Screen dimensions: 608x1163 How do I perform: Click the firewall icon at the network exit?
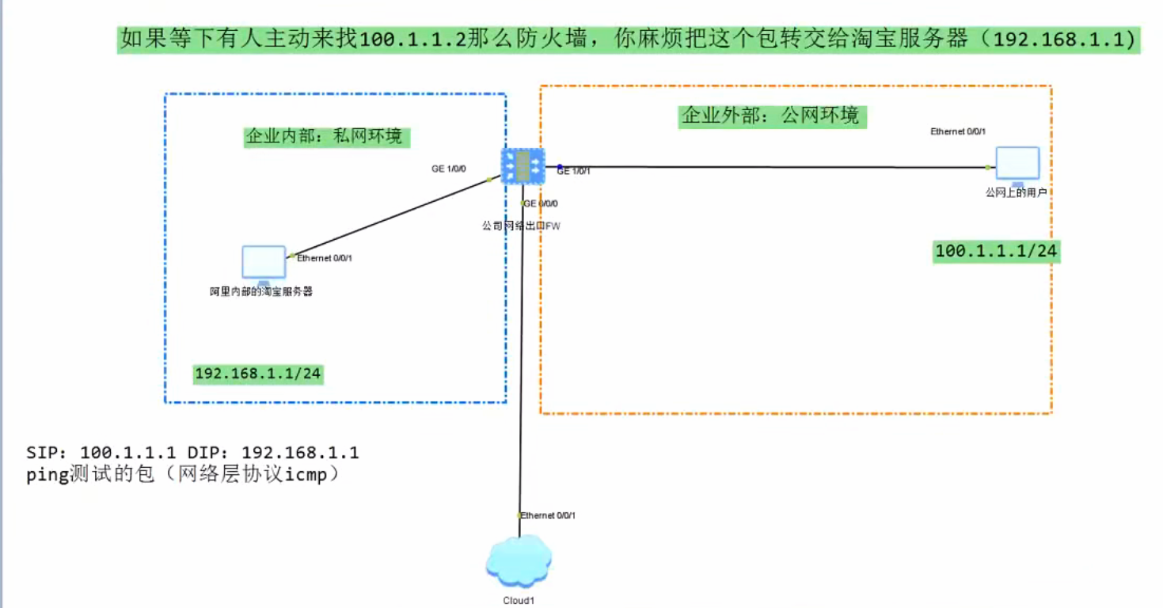(x=523, y=165)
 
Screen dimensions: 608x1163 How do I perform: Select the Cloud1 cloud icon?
(x=519, y=561)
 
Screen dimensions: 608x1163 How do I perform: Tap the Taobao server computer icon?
(x=264, y=264)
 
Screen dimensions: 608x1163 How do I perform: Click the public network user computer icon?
(x=1017, y=165)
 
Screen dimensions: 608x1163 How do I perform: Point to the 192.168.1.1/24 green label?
(x=259, y=374)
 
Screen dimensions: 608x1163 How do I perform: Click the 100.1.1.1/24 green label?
(x=996, y=251)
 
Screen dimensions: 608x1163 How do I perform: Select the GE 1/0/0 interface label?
(x=449, y=169)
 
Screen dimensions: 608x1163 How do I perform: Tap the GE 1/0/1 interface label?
(x=574, y=171)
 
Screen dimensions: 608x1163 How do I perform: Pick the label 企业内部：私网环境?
(x=325, y=136)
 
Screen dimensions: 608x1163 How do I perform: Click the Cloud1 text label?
(x=519, y=601)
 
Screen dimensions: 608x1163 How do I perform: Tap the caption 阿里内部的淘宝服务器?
(x=261, y=291)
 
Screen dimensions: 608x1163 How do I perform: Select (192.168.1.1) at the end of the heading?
(x=1058, y=39)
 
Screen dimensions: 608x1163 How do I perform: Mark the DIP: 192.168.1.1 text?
(x=273, y=453)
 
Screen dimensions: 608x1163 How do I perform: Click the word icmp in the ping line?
(x=306, y=476)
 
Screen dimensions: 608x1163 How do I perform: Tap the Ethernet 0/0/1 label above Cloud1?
(x=548, y=515)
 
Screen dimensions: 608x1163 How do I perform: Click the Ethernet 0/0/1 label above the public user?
(x=958, y=131)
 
